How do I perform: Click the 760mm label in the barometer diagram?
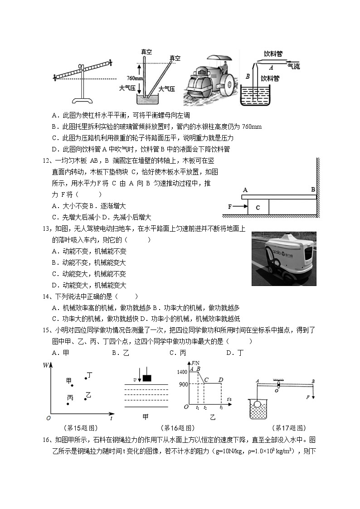pos(136,78)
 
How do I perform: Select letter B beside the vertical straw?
pos(248,77)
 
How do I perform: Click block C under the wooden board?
pos(258,207)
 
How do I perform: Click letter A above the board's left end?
pos(245,190)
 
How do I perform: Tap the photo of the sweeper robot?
pos(284,259)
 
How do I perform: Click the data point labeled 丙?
pos(68,403)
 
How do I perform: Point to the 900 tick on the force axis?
pos(183,384)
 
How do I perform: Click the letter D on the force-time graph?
pos(220,379)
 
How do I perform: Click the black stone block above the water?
pos(146,378)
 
